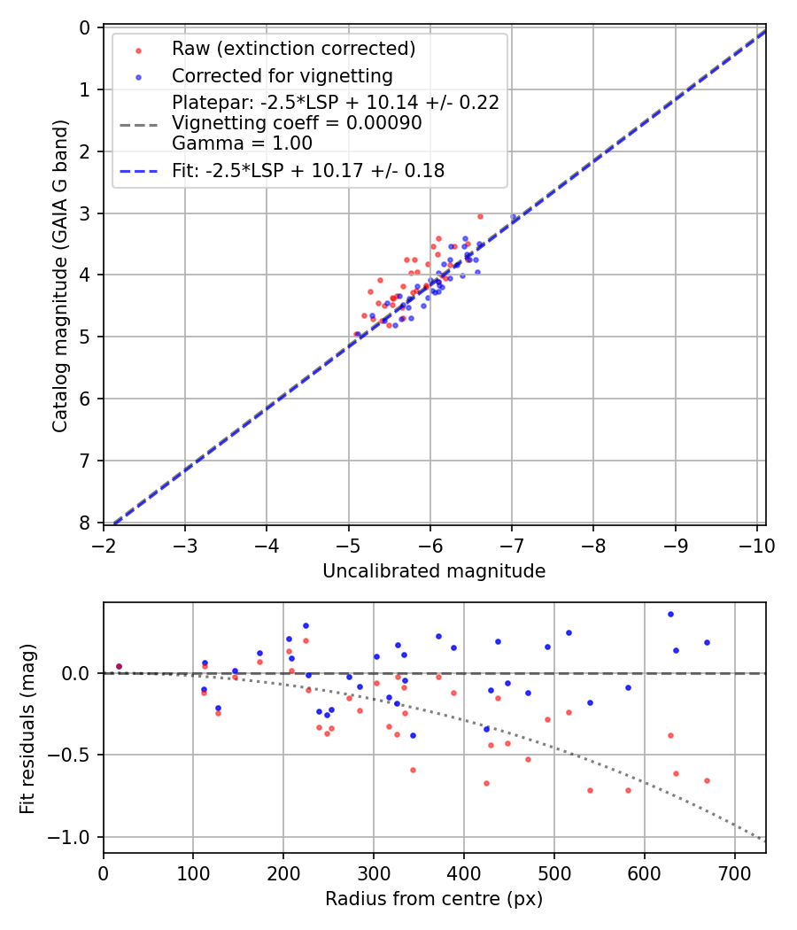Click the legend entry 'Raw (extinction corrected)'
(x=293, y=48)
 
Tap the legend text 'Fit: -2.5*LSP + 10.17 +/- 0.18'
(x=308, y=170)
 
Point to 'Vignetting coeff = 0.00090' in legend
(x=297, y=123)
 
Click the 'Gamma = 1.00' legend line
(x=242, y=143)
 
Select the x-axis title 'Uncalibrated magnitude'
(x=434, y=571)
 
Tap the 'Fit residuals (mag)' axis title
(x=27, y=727)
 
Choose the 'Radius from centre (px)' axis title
(x=434, y=899)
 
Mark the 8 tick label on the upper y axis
(x=85, y=523)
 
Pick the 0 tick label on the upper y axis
(x=85, y=28)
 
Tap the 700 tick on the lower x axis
(x=734, y=873)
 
